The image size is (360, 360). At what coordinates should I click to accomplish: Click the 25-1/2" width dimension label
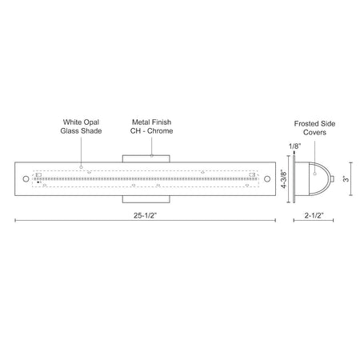[x=145, y=215]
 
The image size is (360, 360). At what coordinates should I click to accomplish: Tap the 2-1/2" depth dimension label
[x=314, y=215]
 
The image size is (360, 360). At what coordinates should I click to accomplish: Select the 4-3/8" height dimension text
[x=284, y=178]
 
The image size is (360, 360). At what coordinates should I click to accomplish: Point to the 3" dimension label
[x=346, y=178]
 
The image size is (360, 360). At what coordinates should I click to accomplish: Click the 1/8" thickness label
[x=295, y=146]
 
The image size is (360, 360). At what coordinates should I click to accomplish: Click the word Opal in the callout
[x=91, y=122]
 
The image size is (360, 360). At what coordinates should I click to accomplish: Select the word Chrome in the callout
[x=160, y=131]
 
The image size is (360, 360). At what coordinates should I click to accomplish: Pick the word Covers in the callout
[x=314, y=132]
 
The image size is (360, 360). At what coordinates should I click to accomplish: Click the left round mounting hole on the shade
[x=26, y=178]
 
